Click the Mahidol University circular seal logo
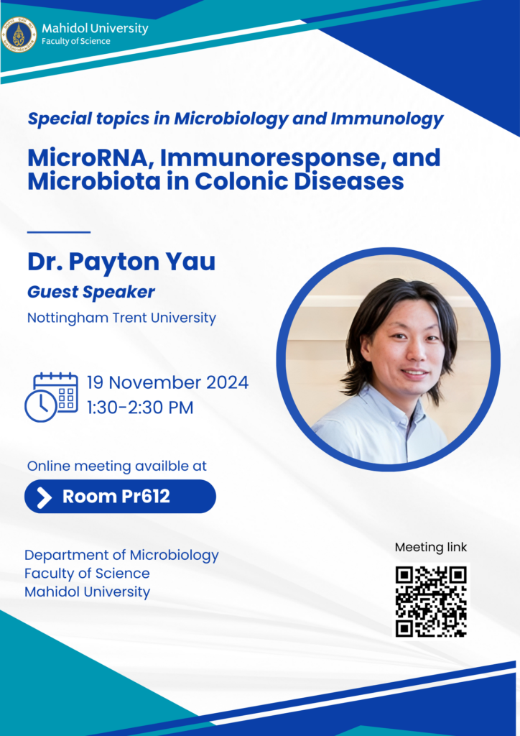click(x=19, y=34)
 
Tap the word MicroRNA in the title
click(x=91, y=157)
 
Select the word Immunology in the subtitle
click(x=387, y=119)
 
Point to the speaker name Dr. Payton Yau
click(x=121, y=262)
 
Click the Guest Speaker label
click(x=91, y=293)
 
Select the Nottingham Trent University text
click(x=121, y=318)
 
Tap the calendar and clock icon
click(x=52, y=397)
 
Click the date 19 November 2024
click(x=168, y=382)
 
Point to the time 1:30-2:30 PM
click(x=140, y=408)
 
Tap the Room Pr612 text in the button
click(x=116, y=497)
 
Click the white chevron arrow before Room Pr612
click(x=44, y=497)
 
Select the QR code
click(x=431, y=602)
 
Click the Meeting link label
click(x=431, y=547)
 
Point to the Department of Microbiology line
click(x=121, y=556)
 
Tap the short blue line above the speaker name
click(x=59, y=232)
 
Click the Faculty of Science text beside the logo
click(x=76, y=41)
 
